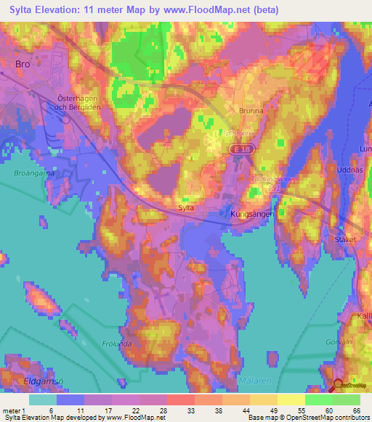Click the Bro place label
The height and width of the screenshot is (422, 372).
click(x=21, y=64)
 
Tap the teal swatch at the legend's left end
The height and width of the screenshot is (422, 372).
click(x=43, y=400)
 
